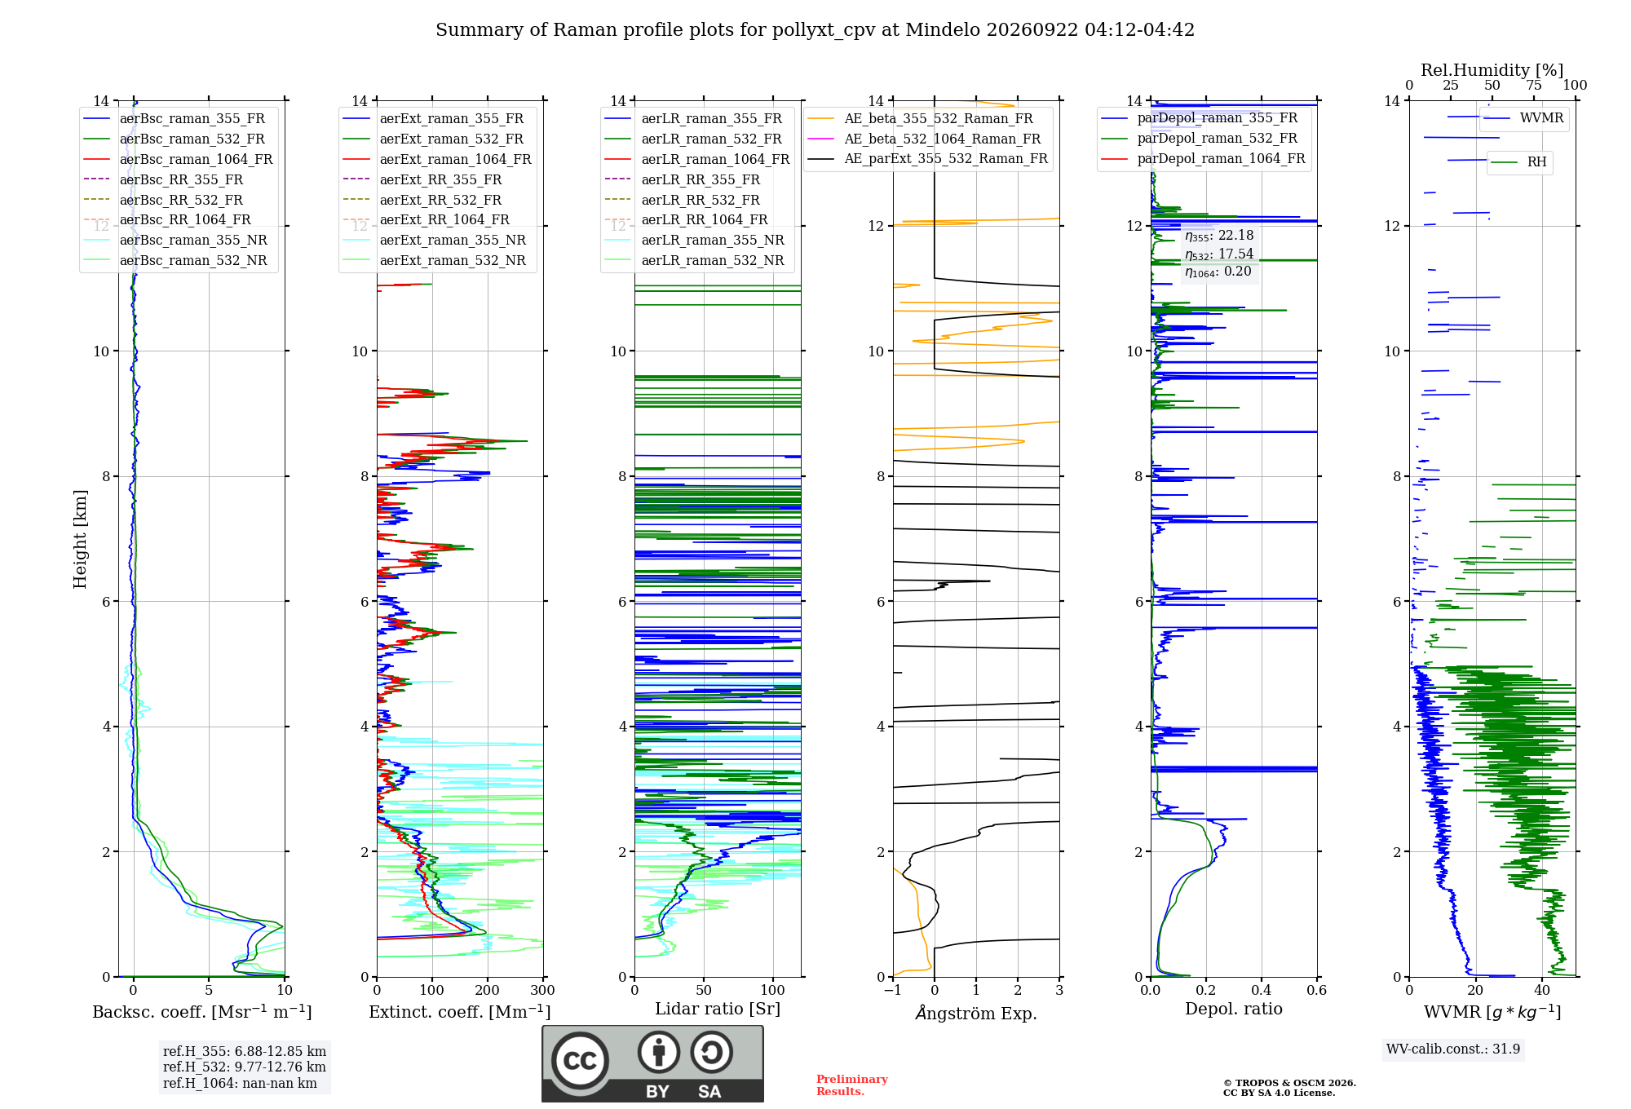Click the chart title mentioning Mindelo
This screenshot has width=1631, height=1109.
(815, 30)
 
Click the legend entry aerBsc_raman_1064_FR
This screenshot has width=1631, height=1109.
(179, 159)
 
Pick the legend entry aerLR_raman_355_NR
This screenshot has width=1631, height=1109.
(694, 240)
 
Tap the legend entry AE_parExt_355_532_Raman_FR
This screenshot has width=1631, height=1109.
(928, 158)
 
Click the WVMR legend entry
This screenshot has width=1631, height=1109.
(1523, 118)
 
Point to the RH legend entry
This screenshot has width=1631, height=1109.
(1518, 162)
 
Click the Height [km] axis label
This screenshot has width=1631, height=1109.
(80, 539)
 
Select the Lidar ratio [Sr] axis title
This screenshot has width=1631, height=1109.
(718, 1009)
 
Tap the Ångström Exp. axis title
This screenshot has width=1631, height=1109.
(976, 1013)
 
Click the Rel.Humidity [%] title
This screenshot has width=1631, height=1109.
(1492, 70)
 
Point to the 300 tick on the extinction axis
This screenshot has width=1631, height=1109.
(542, 990)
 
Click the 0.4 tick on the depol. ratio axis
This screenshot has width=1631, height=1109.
(1261, 990)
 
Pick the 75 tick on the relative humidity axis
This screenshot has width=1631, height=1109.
(1534, 85)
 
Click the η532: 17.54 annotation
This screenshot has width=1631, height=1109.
(1219, 254)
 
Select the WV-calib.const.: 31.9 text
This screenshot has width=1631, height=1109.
(1453, 1049)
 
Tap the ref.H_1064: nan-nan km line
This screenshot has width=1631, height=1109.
(240, 1083)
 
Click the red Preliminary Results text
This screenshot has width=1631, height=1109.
(852, 1085)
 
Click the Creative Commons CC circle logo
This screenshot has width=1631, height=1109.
(580, 1060)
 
